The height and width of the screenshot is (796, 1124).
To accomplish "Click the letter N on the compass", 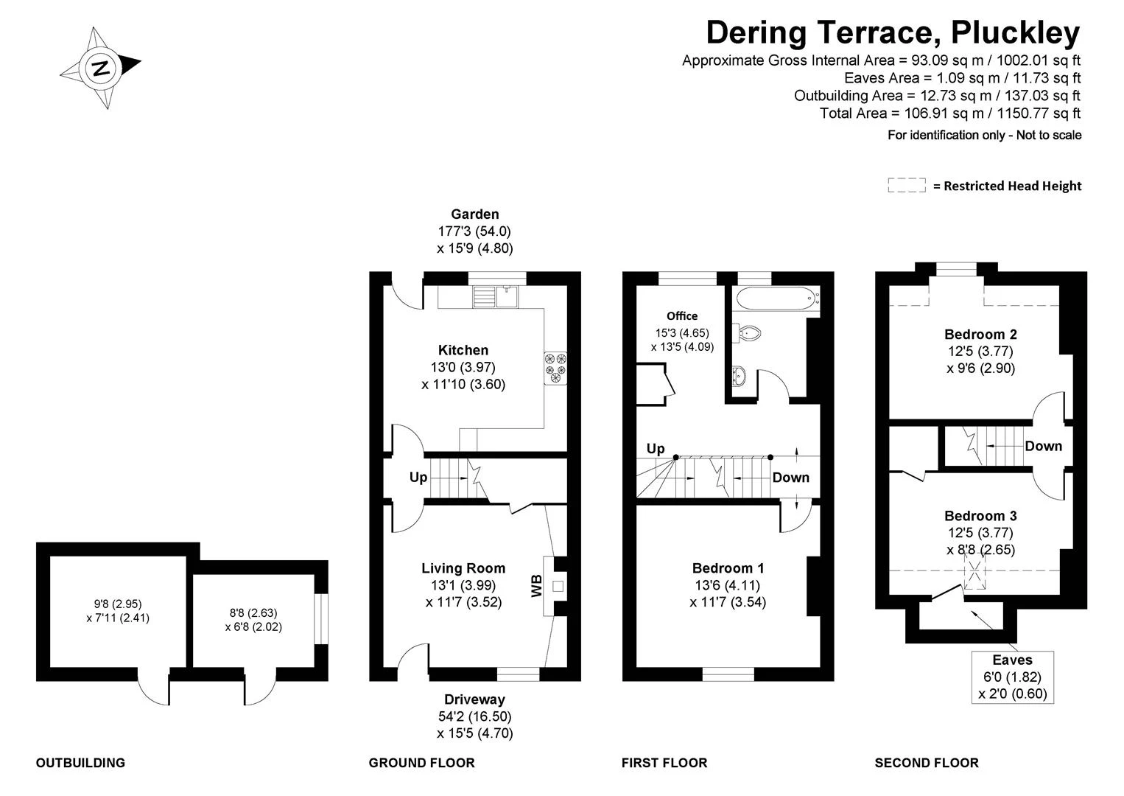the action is tap(102, 68).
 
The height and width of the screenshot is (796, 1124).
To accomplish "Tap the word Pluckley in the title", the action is tap(1015, 33).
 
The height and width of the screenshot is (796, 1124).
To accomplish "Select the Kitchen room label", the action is tap(463, 350).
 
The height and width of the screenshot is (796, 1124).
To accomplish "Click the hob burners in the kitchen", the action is tap(555, 368).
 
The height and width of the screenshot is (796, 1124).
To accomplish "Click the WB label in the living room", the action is tap(536, 586).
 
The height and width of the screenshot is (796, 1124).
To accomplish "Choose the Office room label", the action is tap(682, 316).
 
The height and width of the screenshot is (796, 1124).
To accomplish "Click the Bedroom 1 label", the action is tap(728, 568).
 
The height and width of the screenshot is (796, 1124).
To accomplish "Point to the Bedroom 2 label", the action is tap(980, 335).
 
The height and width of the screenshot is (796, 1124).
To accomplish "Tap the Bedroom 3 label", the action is tap(980, 516).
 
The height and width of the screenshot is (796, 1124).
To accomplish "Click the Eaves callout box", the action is tap(1013, 677).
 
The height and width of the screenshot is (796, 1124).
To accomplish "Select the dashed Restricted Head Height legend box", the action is tap(907, 185).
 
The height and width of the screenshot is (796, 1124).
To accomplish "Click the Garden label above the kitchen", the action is tap(474, 214).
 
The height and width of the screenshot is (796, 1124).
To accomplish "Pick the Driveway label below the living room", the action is tap(474, 699).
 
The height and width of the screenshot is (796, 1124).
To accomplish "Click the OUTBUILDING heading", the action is tap(80, 762).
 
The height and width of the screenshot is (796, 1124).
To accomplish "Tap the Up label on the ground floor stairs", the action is tap(418, 477).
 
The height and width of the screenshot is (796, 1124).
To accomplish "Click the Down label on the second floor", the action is tap(1043, 446).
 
